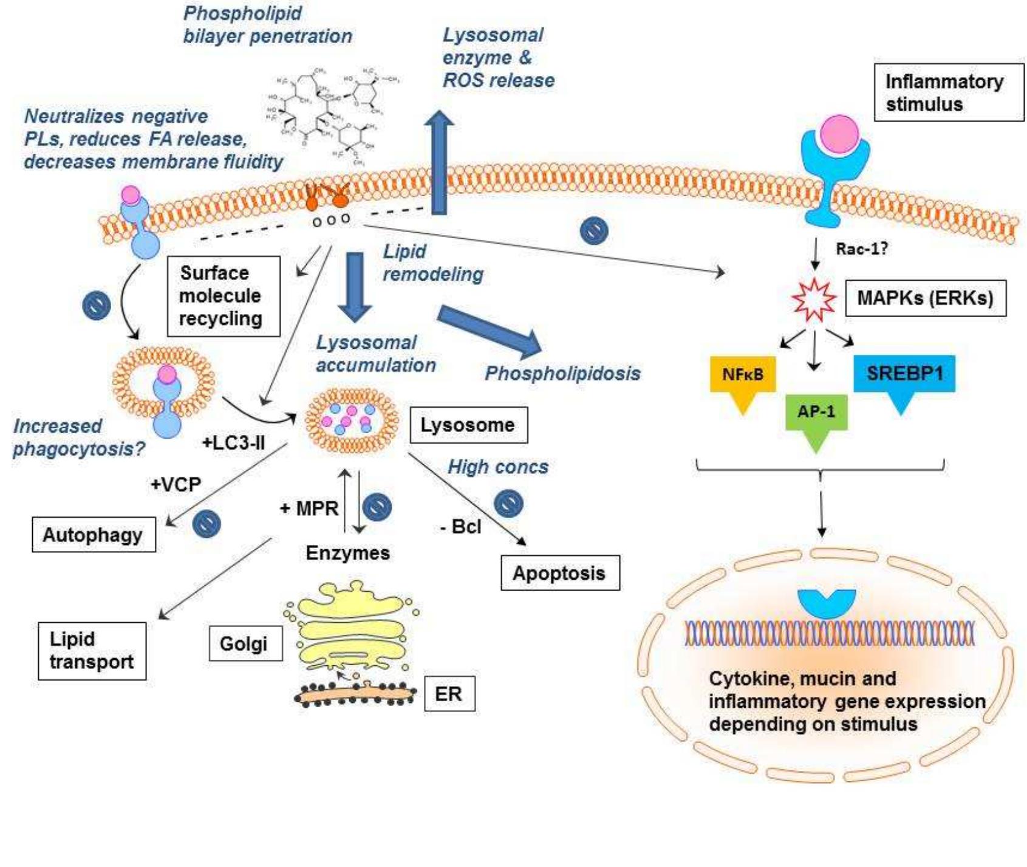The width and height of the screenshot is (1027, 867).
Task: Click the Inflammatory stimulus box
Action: click(948, 92)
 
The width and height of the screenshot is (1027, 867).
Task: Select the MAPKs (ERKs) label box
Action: click(925, 298)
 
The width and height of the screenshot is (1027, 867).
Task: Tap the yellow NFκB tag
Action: click(743, 375)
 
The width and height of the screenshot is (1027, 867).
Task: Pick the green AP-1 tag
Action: click(816, 413)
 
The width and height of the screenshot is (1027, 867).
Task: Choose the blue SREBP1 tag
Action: click(904, 374)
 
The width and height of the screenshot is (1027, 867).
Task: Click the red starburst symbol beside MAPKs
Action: click(814, 299)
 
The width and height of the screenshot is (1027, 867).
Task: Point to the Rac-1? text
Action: click(861, 248)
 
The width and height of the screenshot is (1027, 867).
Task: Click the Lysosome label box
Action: click(468, 425)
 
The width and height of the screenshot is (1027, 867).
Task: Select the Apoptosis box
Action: click(559, 573)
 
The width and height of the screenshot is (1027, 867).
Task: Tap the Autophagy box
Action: click(94, 535)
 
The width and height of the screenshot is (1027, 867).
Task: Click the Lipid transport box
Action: click(92, 651)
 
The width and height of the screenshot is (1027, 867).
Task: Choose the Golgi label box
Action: click(244, 643)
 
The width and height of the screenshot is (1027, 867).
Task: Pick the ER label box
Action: click(449, 694)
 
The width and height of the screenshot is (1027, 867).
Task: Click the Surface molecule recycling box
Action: click(222, 296)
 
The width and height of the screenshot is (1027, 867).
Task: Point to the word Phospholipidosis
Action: click(562, 373)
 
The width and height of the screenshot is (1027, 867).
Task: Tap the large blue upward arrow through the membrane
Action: click(438, 164)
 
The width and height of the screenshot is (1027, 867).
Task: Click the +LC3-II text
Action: click(233, 442)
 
